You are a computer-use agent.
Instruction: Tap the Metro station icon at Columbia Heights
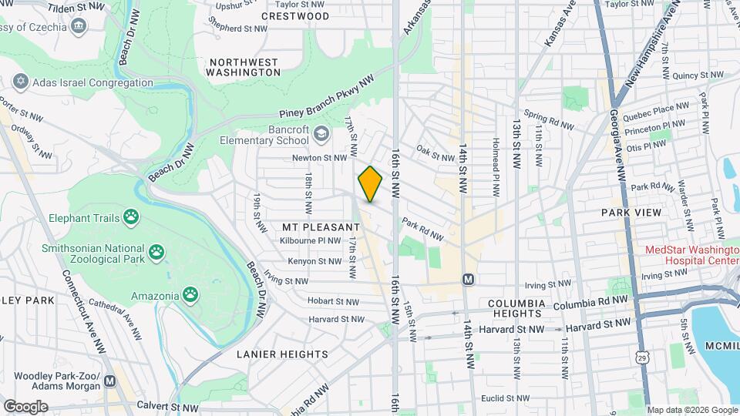[x=467, y=279]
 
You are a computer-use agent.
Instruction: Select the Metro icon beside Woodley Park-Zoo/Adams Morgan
[x=110, y=381]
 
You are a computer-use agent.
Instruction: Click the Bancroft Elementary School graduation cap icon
[x=320, y=136]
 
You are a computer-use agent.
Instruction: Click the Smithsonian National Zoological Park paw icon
[x=157, y=251]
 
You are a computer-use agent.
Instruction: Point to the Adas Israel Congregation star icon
[x=21, y=82]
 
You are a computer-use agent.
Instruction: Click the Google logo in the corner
[x=25, y=406]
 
